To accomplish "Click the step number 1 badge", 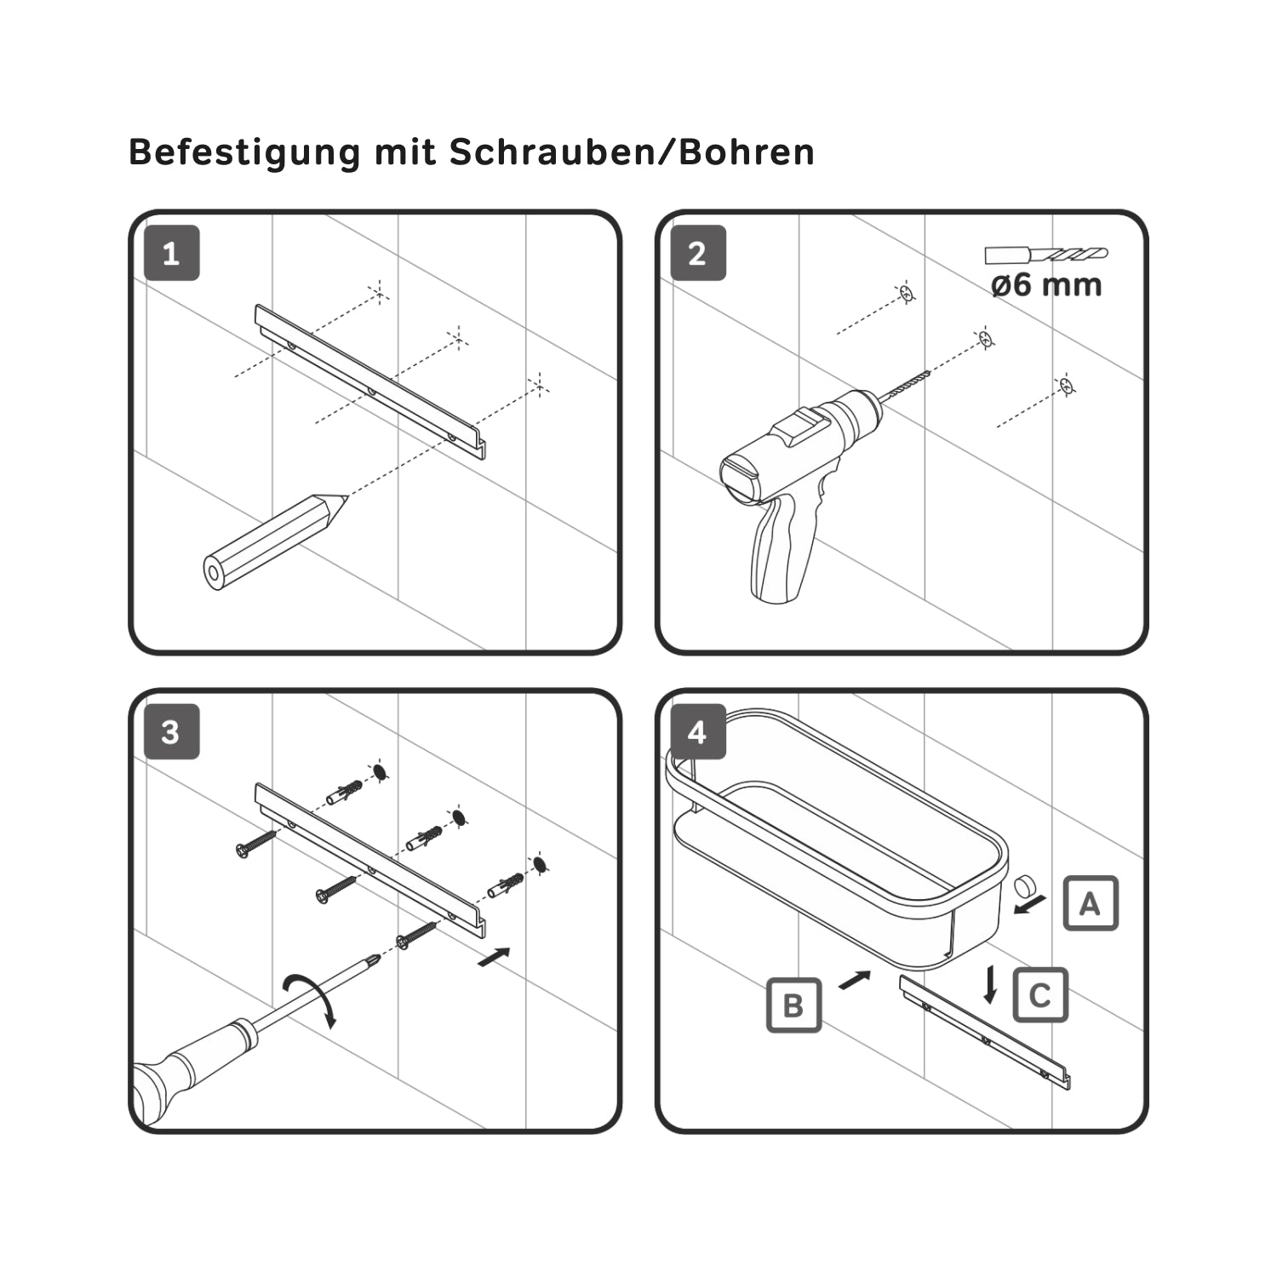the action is coord(171,253).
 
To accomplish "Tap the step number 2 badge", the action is coord(698,253).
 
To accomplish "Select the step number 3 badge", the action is coord(171,732).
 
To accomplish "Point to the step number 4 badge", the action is coord(698,732).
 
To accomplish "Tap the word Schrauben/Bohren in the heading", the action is coord(632,152).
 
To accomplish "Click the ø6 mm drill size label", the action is coord(1046,284).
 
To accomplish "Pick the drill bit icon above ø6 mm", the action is coord(1046,255).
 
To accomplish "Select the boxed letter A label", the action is coord(1091,903).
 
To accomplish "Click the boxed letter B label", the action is coord(793,1005).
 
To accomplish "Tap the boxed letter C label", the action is coord(1040,995).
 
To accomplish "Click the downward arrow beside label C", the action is coord(990,985).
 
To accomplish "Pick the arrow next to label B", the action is coord(856,980).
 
